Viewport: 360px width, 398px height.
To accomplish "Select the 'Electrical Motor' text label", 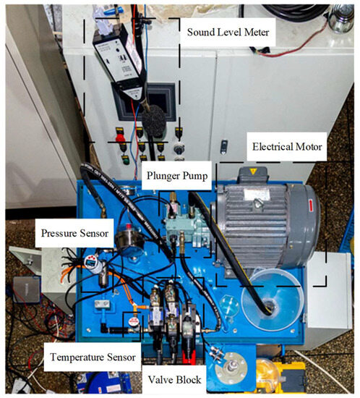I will (287, 148).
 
